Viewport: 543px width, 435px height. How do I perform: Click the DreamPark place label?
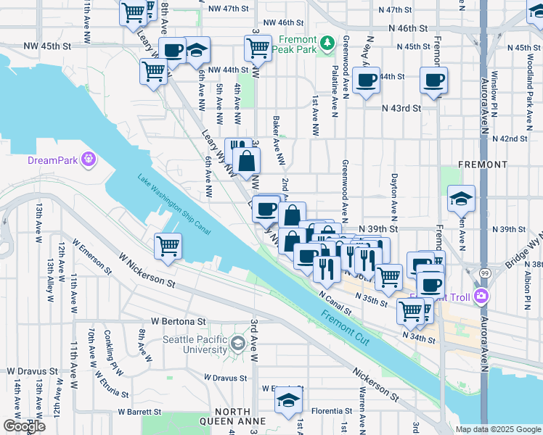[x=52, y=160]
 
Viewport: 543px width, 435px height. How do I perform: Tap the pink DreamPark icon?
[x=89, y=158]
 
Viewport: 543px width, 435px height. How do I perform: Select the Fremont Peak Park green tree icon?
[x=327, y=43]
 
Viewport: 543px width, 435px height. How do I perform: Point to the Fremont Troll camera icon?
[x=481, y=296]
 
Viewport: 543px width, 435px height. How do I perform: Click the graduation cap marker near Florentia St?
[x=288, y=401]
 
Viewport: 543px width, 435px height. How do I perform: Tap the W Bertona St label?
[x=178, y=320]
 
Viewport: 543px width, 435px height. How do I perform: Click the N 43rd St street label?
[x=402, y=108]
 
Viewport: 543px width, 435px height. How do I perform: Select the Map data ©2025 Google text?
[x=497, y=429]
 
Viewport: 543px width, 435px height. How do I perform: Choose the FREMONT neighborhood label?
[x=483, y=165]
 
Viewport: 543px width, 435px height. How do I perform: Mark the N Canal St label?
[x=335, y=293]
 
